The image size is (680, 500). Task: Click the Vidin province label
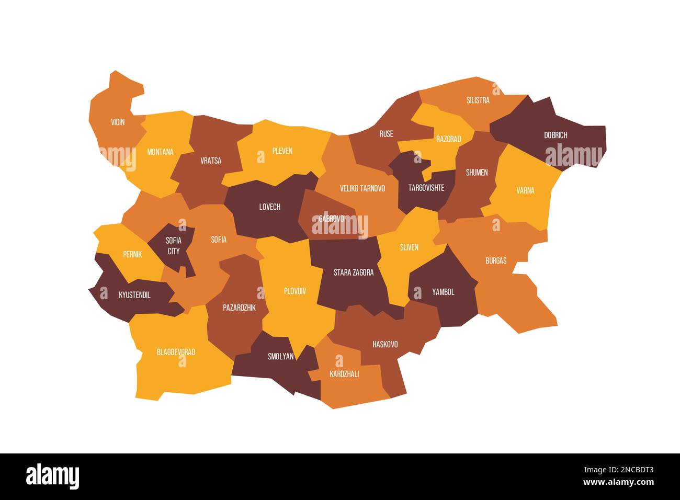click(x=118, y=122)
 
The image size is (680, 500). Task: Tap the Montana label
click(x=160, y=152)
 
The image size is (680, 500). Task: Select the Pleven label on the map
click(x=282, y=151)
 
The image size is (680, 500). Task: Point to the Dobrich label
click(x=556, y=135)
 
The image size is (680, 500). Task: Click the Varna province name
click(x=525, y=190)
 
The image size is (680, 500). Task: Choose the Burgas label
click(x=496, y=260)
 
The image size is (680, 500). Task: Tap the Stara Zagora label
click(x=354, y=272)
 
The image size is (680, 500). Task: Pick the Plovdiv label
click(x=295, y=291)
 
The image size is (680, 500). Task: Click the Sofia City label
click(x=174, y=246)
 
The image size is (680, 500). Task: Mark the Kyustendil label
click(x=134, y=295)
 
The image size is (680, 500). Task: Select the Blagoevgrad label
click(x=176, y=352)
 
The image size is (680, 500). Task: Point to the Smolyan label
click(x=281, y=357)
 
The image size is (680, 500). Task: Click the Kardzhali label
click(x=344, y=374)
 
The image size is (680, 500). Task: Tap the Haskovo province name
click(x=385, y=344)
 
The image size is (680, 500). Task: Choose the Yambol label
click(x=444, y=292)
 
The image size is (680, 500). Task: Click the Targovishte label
click(x=426, y=188)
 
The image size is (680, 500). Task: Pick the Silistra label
click(x=478, y=100)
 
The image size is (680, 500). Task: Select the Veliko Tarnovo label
click(x=362, y=188)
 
